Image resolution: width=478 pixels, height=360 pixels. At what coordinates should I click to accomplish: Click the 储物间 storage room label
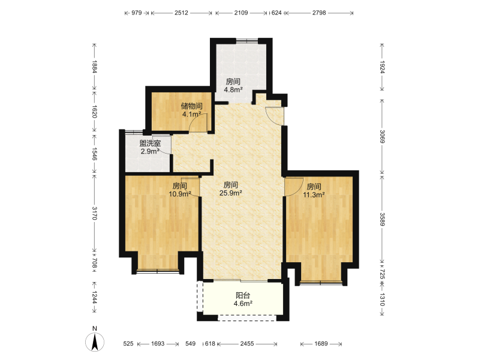(x=192, y=106)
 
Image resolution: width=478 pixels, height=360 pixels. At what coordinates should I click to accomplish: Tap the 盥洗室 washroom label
(x=151, y=143)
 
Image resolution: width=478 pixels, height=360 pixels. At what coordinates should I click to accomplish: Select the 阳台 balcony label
(x=243, y=295)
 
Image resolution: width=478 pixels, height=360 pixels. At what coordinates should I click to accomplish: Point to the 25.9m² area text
(x=231, y=193)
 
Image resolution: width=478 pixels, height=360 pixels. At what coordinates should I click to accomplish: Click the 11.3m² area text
(x=314, y=194)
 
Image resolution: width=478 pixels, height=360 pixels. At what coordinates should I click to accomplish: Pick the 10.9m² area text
(x=180, y=194)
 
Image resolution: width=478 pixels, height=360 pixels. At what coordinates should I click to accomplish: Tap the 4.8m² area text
(x=233, y=89)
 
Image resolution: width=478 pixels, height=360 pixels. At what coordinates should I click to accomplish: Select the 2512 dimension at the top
(x=181, y=13)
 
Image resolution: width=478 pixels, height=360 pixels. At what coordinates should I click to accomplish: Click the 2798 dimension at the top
(x=319, y=13)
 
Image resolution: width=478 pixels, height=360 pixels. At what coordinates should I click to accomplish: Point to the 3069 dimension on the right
(x=382, y=136)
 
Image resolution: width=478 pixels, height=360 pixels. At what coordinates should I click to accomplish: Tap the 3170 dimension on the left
(x=95, y=213)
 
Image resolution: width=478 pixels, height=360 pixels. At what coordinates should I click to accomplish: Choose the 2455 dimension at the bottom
(x=247, y=344)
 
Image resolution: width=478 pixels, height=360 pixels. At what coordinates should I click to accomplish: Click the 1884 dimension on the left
(x=95, y=67)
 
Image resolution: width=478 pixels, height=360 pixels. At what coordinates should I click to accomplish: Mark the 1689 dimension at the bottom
(x=321, y=344)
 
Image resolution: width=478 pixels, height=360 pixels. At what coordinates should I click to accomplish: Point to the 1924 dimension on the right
(x=382, y=67)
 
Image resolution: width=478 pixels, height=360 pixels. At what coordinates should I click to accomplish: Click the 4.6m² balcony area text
(x=243, y=304)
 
